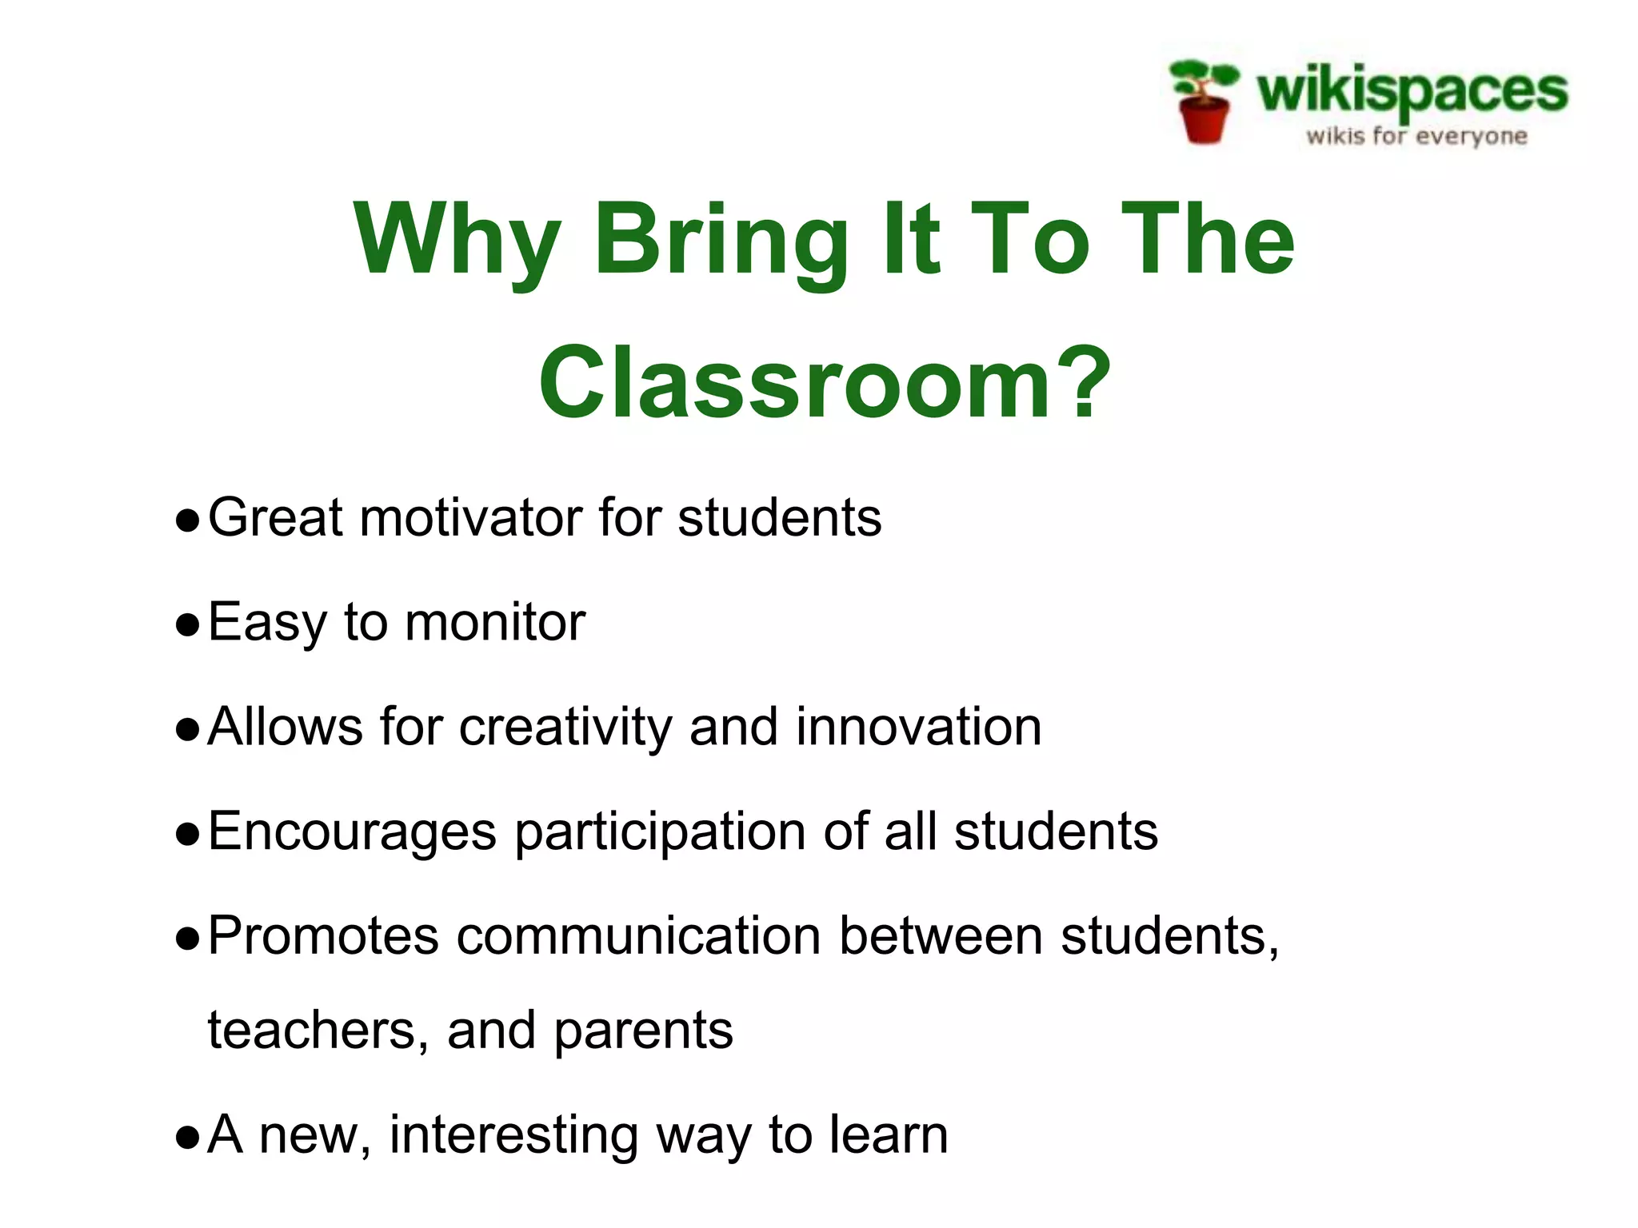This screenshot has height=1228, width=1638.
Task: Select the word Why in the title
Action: (457, 240)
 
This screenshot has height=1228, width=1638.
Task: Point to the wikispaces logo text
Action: (1412, 90)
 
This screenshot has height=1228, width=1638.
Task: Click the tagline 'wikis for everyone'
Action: (1416, 136)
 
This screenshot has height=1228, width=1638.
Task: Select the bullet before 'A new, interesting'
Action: (187, 1138)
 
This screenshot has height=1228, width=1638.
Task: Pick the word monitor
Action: (495, 623)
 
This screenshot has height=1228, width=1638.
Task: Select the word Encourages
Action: (352, 832)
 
